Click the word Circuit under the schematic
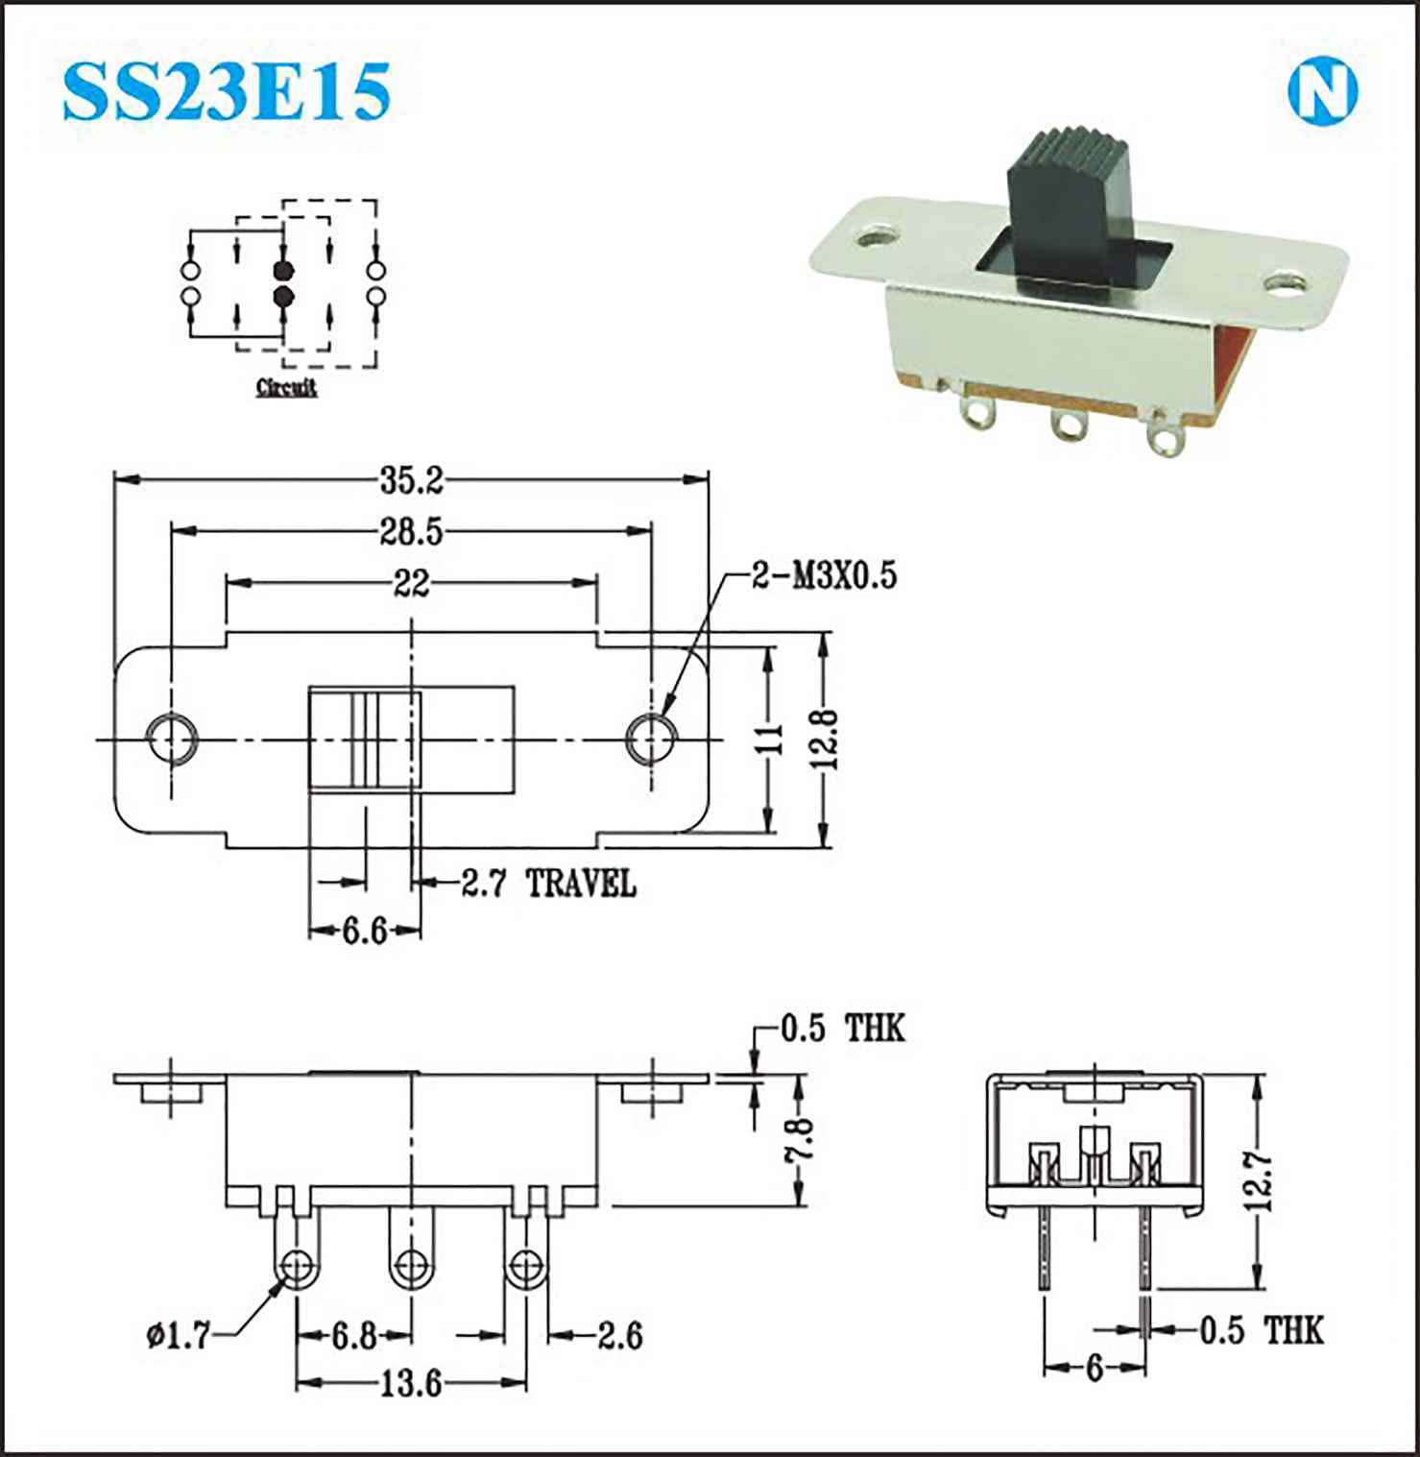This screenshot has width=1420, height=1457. coord(286,388)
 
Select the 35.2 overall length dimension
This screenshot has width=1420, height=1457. coord(411,480)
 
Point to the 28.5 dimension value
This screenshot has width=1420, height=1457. coord(411,531)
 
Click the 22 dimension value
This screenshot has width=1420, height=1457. coord(411,583)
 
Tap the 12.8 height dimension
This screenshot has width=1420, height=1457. coord(826,739)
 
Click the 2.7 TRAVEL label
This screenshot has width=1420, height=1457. coord(548,882)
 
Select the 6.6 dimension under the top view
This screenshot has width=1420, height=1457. coord(365,930)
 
